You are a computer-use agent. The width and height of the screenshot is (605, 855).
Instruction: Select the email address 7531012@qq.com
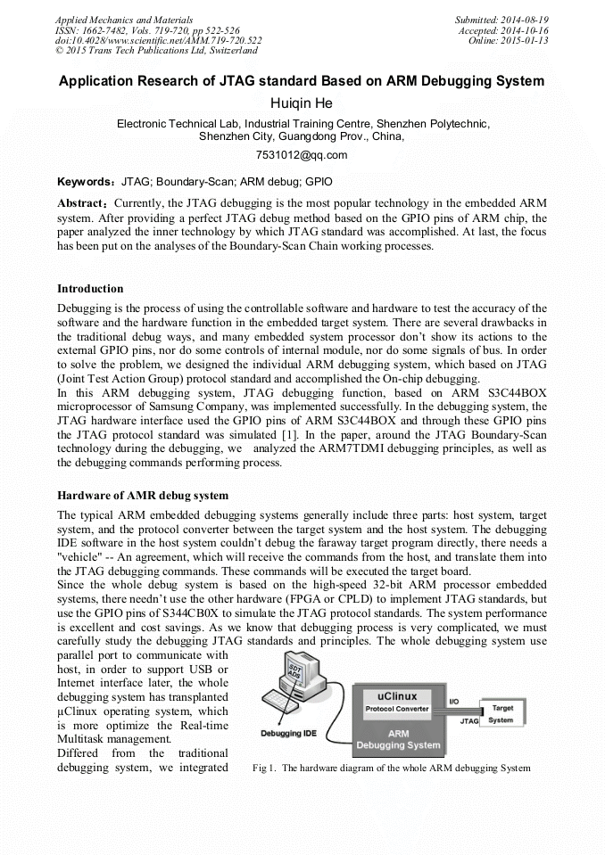click(302, 155)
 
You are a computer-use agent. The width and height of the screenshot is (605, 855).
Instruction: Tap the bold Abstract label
click(85, 203)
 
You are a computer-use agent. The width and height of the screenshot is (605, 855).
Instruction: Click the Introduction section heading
click(90, 289)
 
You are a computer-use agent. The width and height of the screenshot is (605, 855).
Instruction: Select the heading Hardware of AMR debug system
click(142, 495)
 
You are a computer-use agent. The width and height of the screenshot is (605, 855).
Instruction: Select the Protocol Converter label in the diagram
click(397, 710)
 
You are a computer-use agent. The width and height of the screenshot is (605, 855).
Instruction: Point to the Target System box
click(501, 713)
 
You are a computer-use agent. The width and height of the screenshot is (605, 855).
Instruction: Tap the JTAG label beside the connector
click(468, 722)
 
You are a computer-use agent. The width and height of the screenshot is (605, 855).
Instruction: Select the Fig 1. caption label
click(265, 768)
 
